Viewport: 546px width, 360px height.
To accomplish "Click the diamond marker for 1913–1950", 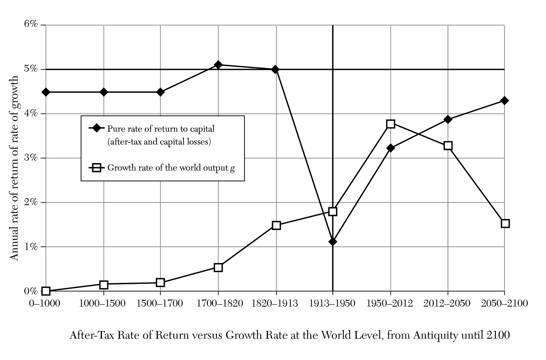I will [x=333, y=242].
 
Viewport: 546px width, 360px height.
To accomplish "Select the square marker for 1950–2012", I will [x=391, y=124].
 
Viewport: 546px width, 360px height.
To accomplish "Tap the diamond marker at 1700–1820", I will [x=218, y=65].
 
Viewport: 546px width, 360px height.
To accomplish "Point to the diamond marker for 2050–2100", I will [x=505, y=101].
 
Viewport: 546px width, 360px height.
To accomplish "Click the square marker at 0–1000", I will [x=46, y=291].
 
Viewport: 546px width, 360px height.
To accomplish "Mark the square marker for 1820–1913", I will [x=276, y=225].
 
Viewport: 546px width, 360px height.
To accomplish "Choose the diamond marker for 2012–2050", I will [x=448, y=119].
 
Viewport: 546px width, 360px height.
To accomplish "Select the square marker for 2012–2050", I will [x=448, y=146].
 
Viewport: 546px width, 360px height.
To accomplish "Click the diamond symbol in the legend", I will [x=97, y=128].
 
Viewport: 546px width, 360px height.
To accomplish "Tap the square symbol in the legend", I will [x=97, y=168].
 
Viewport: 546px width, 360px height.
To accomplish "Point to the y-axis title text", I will [x=14, y=167].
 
